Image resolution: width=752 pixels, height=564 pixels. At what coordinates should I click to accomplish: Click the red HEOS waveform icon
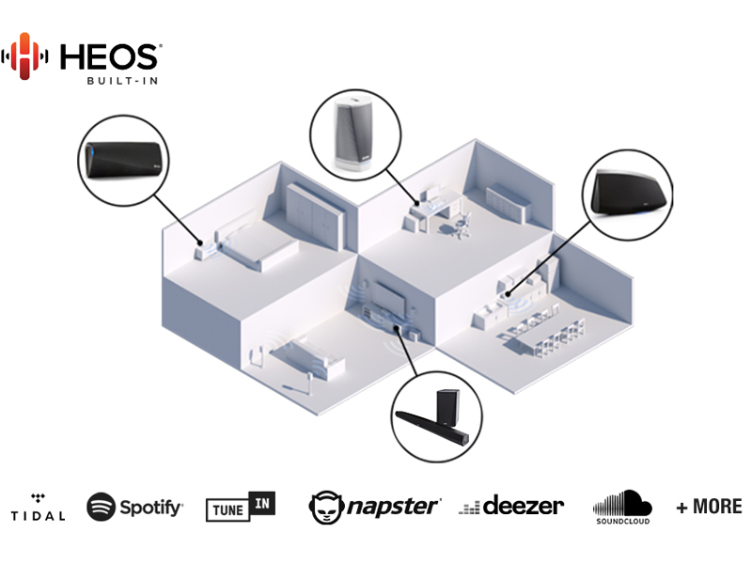(24, 56)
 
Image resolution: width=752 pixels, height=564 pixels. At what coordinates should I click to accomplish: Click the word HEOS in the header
(109, 57)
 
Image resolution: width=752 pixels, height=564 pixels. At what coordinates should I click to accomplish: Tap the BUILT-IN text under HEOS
(122, 81)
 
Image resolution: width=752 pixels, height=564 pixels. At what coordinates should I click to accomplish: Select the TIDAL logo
(38, 508)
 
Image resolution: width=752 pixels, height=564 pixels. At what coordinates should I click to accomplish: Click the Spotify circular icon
(101, 507)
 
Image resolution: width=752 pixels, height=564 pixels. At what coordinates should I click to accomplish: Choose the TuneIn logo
(241, 507)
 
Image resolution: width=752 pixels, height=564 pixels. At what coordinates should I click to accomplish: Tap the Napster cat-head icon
(326, 508)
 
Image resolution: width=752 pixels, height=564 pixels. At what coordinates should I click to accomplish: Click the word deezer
(524, 506)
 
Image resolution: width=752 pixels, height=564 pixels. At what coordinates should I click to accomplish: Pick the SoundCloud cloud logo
(622, 507)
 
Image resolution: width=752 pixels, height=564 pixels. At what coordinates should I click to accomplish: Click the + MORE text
(709, 507)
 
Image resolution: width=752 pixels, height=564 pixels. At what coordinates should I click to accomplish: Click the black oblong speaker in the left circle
(124, 160)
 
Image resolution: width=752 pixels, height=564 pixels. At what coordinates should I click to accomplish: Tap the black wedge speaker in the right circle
(629, 193)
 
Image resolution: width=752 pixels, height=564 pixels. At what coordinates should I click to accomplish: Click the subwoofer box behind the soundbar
(447, 406)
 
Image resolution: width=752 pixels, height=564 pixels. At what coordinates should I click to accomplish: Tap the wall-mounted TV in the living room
(388, 298)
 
